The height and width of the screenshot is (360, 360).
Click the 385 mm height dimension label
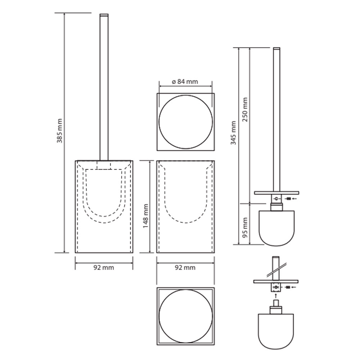(60, 131)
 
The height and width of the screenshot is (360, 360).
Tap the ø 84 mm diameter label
(185, 81)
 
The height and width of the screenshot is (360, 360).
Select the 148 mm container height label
(145, 216)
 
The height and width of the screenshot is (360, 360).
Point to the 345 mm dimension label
(234, 133)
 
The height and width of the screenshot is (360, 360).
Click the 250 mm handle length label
(245, 109)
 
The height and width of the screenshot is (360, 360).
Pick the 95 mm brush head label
(245, 228)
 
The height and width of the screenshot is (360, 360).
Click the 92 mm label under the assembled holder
(104, 267)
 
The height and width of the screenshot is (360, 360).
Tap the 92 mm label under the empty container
(185, 267)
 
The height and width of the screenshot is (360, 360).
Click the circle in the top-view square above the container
(186, 95)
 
